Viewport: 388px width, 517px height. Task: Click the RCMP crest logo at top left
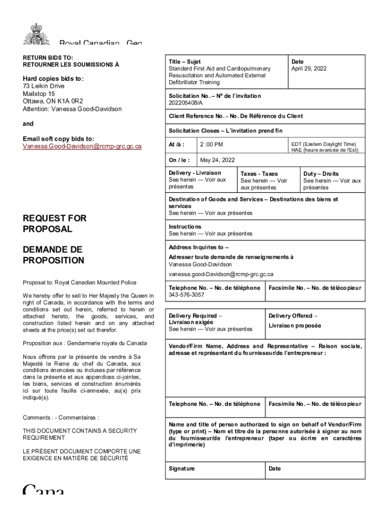point(37,34)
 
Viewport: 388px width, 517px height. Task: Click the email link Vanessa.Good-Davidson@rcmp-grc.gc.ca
point(82,146)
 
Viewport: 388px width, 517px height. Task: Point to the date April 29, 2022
point(308,69)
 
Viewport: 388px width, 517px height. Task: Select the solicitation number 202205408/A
point(185,103)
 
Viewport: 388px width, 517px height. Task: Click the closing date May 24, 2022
point(217,161)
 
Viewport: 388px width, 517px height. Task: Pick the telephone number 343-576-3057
point(186,295)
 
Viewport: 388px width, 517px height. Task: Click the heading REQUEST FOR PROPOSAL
point(54,224)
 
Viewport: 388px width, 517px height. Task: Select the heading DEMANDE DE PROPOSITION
point(53,255)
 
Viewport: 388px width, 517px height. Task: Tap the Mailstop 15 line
point(39,94)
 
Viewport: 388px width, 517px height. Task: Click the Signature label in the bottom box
point(181,469)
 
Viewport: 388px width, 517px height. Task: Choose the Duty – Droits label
point(320,174)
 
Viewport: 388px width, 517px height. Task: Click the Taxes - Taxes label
point(259,174)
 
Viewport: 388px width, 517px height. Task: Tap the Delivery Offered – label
point(290,316)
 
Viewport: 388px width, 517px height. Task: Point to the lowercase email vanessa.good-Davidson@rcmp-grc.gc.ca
point(221,274)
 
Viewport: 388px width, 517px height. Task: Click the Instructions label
point(185,227)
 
